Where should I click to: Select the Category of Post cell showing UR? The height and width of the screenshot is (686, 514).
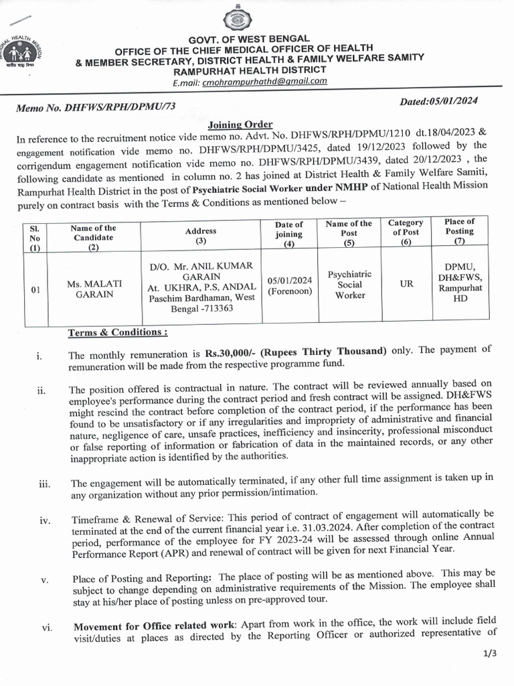pos(406,284)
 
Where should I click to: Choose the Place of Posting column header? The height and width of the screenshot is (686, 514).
pos(459,231)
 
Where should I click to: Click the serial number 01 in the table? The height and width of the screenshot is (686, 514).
pos(37,290)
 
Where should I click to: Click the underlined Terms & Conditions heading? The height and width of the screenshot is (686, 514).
pos(117,332)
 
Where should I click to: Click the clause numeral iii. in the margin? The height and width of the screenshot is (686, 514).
pos(45,484)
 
